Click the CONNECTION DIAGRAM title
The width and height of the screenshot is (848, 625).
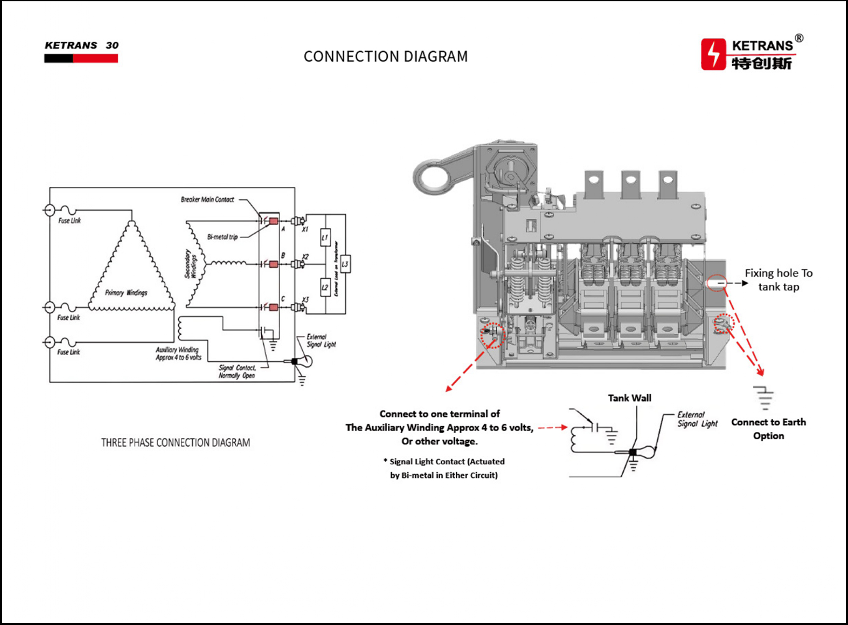(385, 57)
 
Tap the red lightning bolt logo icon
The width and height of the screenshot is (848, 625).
(713, 54)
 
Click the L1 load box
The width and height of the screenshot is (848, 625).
(325, 237)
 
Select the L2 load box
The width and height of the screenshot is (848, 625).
(325, 287)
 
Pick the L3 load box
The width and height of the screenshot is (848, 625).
(345, 264)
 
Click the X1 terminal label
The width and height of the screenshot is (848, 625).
(305, 229)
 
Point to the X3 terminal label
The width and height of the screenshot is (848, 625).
(305, 300)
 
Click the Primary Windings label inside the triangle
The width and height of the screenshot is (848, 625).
(127, 292)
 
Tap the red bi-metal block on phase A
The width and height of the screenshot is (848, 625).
(273, 221)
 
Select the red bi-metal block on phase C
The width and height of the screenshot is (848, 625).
(273, 307)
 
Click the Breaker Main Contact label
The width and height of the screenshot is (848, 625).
(208, 199)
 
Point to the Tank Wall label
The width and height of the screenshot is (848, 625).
(630, 398)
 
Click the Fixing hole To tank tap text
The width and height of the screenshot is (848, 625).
(779, 280)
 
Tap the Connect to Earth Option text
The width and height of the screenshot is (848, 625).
(768, 429)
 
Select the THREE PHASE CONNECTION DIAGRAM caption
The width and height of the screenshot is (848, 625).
(176, 443)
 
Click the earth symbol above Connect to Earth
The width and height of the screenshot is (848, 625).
(764, 396)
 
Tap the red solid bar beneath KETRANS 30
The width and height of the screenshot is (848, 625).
(95, 59)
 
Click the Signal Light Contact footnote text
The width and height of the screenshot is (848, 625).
(444, 469)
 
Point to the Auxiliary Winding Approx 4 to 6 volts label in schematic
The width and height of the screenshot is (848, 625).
(178, 353)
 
